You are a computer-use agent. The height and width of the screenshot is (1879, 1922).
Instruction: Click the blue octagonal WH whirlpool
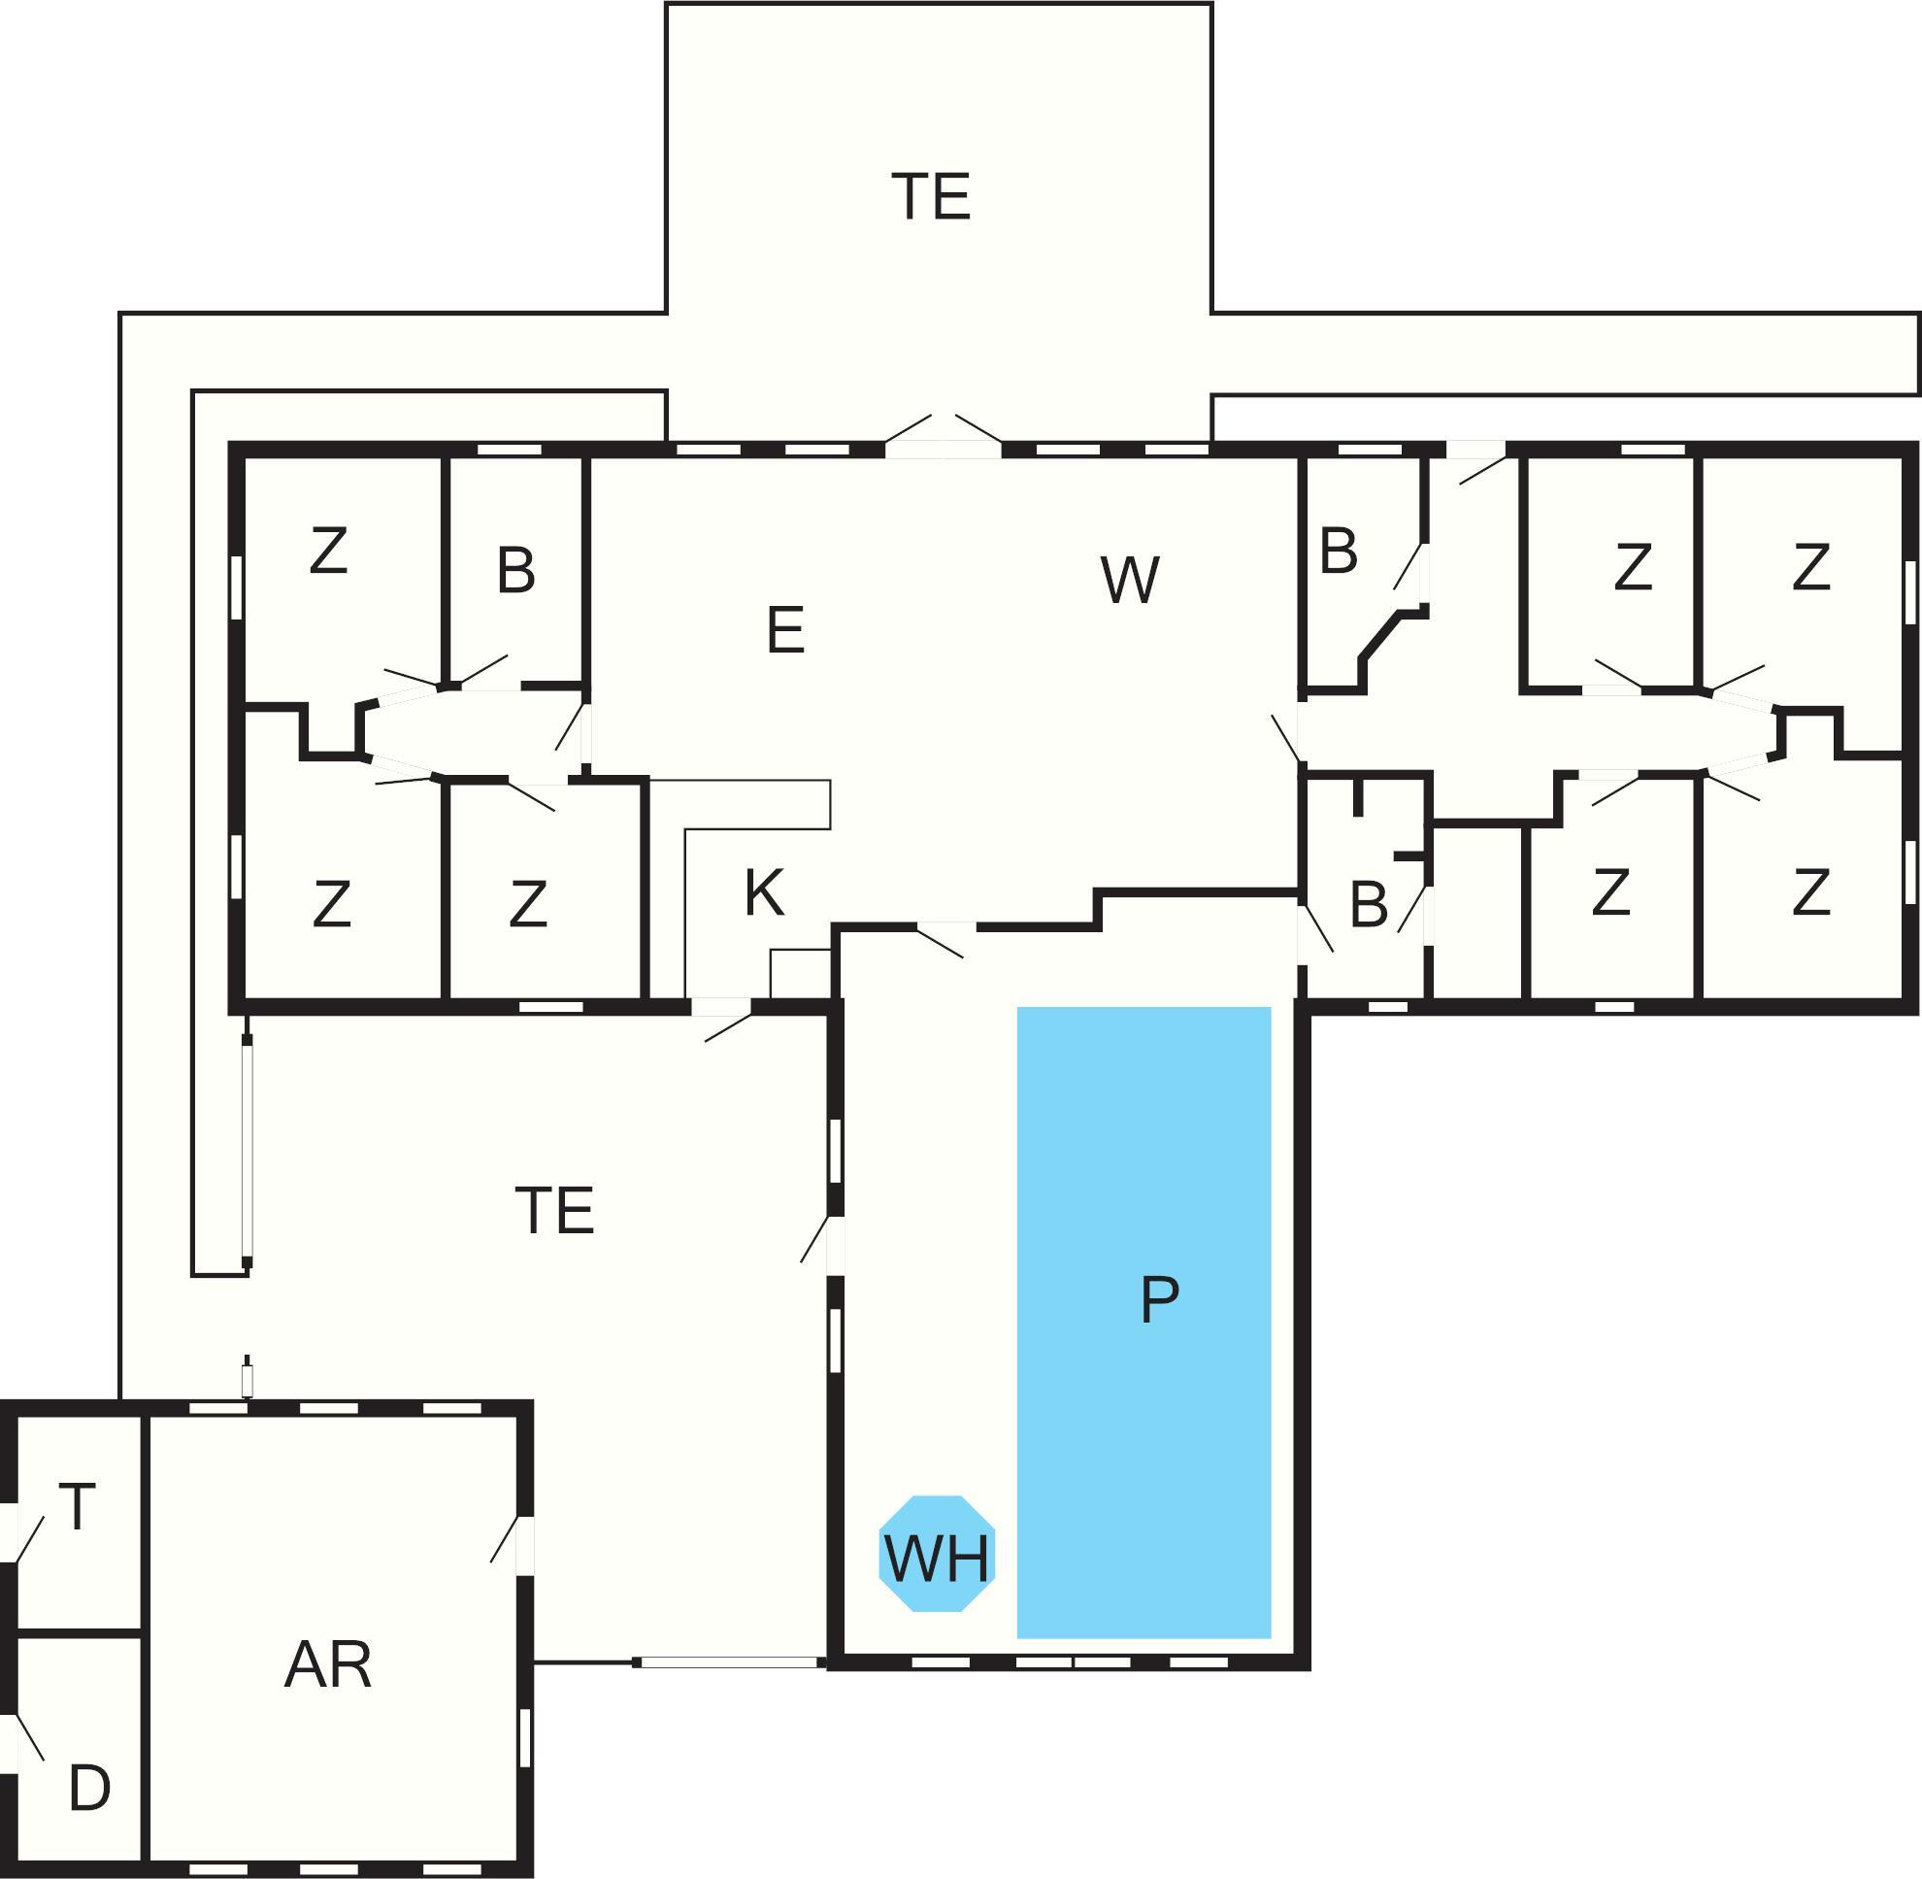(x=937, y=1554)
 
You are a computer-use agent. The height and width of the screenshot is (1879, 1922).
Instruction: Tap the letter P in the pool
(x=1159, y=1299)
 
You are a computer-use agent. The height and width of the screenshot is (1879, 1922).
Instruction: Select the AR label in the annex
(x=327, y=1664)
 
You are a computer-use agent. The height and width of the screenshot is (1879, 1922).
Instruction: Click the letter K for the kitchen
(x=764, y=892)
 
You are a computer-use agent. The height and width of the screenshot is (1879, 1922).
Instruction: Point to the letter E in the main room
(x=785, y=629)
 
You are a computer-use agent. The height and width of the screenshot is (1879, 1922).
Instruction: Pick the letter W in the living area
(x=1130, y=581)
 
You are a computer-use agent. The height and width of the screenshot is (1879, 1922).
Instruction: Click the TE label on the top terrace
(x=930, y=196)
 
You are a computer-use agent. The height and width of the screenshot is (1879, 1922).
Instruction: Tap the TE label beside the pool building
(x=554, y=1211)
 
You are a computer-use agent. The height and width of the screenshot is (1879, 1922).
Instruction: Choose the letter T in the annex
(x=77, y=1507)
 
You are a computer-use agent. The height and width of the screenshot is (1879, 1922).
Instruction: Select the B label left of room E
(x=516, y=570)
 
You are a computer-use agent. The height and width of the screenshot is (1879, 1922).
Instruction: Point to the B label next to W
(x=1338, y=552)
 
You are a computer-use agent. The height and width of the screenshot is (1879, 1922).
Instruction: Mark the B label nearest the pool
(x=1368, y=904)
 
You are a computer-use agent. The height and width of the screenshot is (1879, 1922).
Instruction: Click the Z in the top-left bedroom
(x=328, y=551)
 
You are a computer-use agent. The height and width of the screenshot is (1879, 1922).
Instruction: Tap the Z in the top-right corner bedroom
(x=1810, y=566)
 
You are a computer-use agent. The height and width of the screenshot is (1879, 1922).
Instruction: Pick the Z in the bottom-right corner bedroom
(x=1810, y=892)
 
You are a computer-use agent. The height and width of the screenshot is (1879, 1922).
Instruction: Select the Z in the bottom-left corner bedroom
(x=332, y=904)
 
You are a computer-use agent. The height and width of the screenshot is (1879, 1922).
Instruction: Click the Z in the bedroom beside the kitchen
(x=528, y=904)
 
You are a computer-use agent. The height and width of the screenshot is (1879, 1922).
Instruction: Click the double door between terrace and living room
(x=944, y=437)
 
